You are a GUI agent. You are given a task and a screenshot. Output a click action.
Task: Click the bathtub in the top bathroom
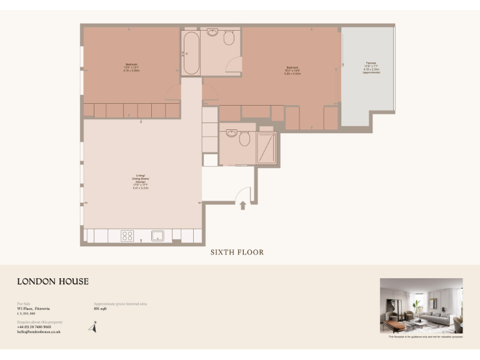point(191,52)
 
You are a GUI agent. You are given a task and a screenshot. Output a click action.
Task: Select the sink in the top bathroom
point(212,32)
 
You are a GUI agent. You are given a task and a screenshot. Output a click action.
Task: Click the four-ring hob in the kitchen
point(127,236)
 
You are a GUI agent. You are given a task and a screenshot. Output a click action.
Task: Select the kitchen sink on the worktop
point(157,236)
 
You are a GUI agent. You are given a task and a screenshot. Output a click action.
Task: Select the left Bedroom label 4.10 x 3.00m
point(131,67)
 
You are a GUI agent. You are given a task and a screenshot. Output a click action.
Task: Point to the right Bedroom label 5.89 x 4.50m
point(292,71)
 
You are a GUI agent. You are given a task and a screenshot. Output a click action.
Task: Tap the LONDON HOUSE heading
point(52,282)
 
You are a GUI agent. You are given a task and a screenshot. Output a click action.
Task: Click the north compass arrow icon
point(94,326)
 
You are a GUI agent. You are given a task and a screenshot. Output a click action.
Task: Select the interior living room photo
point(421,306)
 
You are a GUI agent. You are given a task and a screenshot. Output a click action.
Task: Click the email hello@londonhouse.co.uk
point(39,332)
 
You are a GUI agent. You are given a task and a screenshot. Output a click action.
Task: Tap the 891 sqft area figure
point(100,309)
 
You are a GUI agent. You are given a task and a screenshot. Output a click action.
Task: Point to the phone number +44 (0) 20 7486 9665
point(39,327)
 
